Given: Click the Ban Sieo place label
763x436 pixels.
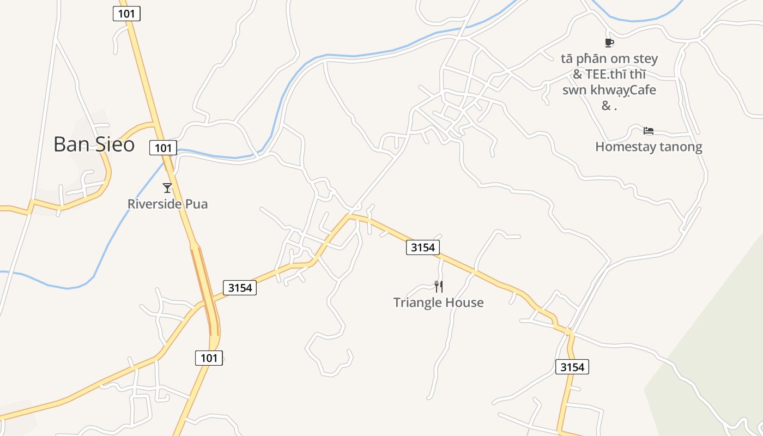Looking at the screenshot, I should pos(94,144).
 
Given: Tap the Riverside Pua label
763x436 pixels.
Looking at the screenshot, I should pos(167,204).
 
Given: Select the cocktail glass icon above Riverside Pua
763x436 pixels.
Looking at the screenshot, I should pos(167,188).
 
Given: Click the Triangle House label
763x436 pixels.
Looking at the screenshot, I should pos(438,302).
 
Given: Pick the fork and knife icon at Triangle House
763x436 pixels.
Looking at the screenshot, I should pos(439,286).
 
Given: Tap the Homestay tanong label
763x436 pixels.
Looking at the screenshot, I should pos(649,147).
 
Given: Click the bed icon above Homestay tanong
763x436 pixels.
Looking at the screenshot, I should pos(649,131).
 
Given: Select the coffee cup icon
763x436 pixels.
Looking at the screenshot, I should pos(609,43).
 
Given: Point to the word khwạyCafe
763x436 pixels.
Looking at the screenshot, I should pos(623,90).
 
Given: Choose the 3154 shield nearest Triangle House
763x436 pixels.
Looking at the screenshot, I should pos(422,247).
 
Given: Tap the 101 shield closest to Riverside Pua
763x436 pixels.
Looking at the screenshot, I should pos(163,148).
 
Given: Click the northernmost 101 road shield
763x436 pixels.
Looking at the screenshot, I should pos(126,14).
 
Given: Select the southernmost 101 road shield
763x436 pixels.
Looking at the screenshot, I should pos(209,358).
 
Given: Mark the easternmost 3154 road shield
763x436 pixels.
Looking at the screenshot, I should pos(572,367).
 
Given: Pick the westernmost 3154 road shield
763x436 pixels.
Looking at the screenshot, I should pos(240,288).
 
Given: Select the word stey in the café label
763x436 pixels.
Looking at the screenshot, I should pos(645,58).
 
